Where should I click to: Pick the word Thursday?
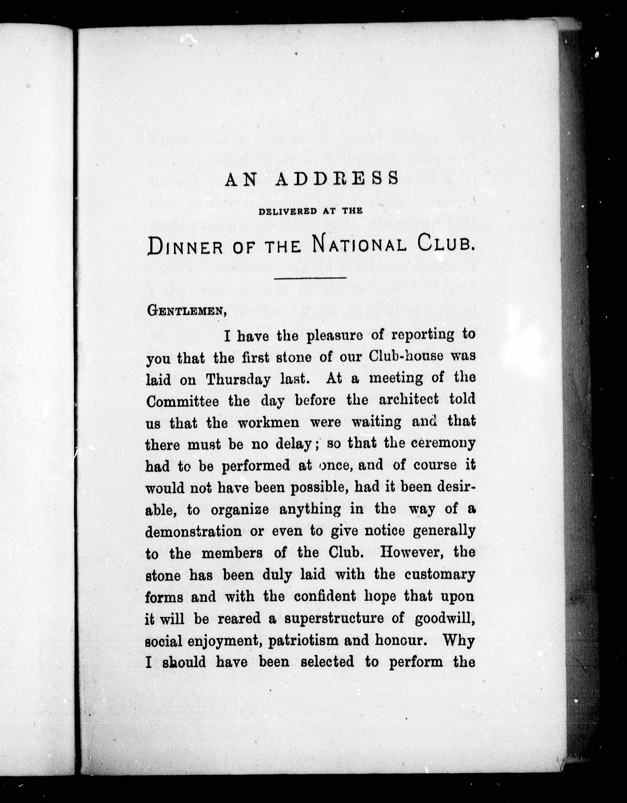(x=238, y=379)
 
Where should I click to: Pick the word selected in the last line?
(x=327, y=662)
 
